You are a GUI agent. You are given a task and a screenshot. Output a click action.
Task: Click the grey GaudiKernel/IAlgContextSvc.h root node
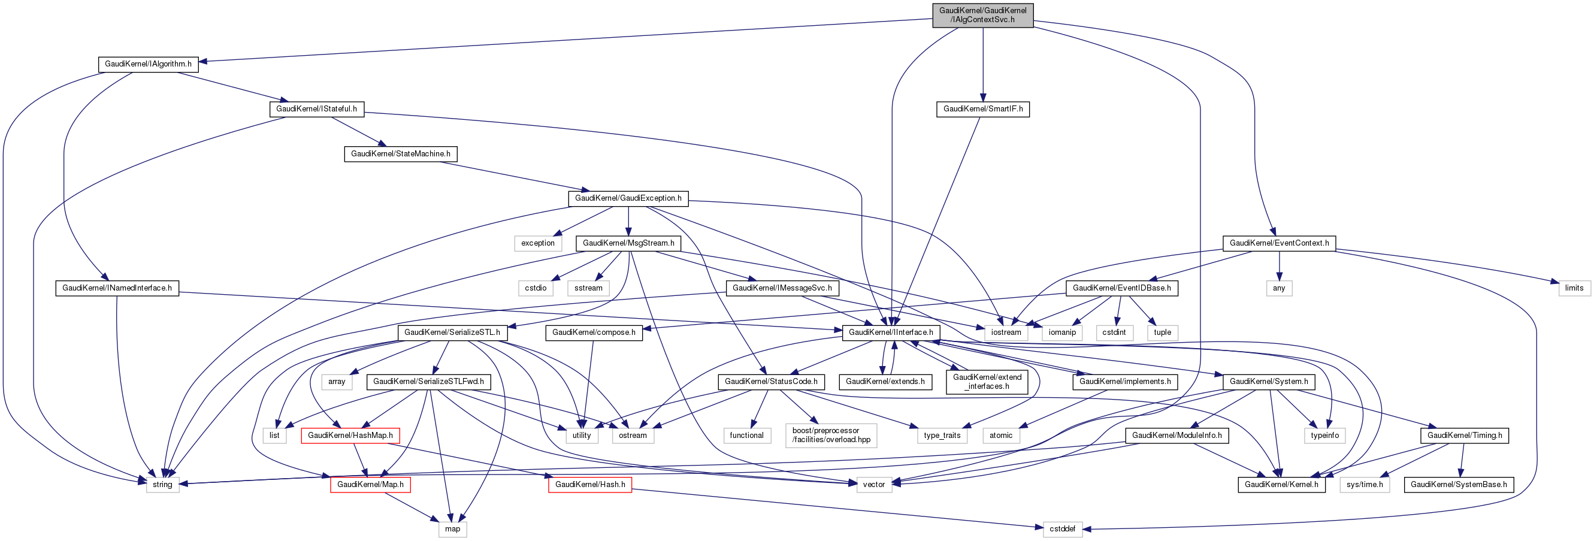click(982, 15)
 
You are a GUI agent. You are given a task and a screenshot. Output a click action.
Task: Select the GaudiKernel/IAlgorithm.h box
click(147, 64)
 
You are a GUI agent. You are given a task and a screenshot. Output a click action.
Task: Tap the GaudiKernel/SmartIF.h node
click(982, 109)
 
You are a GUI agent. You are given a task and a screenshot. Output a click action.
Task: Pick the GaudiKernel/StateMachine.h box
click(400, 153)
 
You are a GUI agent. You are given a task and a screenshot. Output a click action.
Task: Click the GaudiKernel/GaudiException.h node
click(627, 198)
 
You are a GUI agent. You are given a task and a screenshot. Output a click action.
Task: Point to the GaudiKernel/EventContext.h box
click(1278, 243)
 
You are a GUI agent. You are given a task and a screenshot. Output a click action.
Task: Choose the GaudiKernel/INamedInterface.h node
click(117, 288)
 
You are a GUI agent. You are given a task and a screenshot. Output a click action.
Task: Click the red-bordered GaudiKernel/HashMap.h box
click(350, 435)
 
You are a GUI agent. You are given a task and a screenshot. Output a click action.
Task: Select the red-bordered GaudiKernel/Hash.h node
click(589, 484)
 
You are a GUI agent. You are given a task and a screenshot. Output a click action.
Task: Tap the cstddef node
click(1062, 528)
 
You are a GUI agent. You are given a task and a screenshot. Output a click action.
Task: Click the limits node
click(1574, 288)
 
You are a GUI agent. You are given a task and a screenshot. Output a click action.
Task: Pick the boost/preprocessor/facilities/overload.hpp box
click(830, 435)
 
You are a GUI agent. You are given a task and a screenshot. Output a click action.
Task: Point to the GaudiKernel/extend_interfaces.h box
click(987, 381)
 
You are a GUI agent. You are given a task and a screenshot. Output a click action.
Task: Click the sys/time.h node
click(1364, 484)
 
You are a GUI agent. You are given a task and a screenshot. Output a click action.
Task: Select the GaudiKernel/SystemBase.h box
click(1458, 484)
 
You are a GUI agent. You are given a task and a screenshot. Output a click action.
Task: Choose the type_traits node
click(941, 435)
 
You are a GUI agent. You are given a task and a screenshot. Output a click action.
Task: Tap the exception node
click(537, 243)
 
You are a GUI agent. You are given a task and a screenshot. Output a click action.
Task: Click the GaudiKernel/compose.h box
click(593, 333)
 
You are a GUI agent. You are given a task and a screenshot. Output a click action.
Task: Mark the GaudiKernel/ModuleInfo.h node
click(1176, 435)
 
